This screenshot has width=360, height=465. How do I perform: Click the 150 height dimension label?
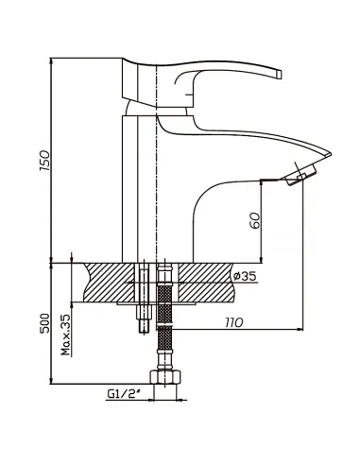pyautogui.click(x=44, y=161)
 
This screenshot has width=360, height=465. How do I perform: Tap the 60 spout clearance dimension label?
pyautogui.click(x=255, y=220)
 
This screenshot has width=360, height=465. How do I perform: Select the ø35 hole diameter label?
pyautogui.click(x=245, y=276)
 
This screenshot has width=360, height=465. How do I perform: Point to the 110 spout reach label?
pyautogui.click(x=234, y=322)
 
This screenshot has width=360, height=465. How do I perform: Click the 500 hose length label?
pyautogui.click(x=45, y=323)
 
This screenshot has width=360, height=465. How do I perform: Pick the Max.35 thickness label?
pyautogui.click(x=66, y=335)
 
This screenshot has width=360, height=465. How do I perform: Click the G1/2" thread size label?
pyautogui.click(x=124, y=394)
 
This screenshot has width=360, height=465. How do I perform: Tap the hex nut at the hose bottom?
pyautogui.click(x=165, y=377)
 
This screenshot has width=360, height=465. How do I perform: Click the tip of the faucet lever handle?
pyautogui.click(x=279, y=74)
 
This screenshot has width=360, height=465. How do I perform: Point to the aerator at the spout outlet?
pyautogui.click(x=300, y=177)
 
